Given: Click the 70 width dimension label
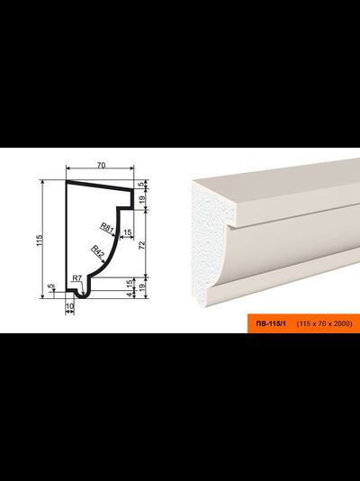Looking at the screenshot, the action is pos(101,165).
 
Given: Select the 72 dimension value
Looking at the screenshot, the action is pos(142,245).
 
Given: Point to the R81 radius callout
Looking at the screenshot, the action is pos(107,228).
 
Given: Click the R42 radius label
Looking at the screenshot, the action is pos(98,251).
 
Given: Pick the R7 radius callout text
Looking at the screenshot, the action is pos(76,278).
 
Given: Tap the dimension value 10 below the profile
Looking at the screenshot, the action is pos(69,306).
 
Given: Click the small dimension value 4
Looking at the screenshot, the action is pos(130,295).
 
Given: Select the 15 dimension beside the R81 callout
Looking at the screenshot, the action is pos(128,232).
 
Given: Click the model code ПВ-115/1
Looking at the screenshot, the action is pos(271,323).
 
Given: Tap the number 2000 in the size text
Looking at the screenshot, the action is pos(343,323).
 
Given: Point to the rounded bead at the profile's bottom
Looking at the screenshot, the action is pos(82,295).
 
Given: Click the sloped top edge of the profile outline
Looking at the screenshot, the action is pos(100,186).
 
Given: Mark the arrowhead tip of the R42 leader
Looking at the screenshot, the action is pos(104,262).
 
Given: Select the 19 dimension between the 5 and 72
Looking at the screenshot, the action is pos(142,200).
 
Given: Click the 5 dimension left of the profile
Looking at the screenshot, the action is pos(51,286).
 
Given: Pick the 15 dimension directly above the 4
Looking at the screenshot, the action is pos(130,283).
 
